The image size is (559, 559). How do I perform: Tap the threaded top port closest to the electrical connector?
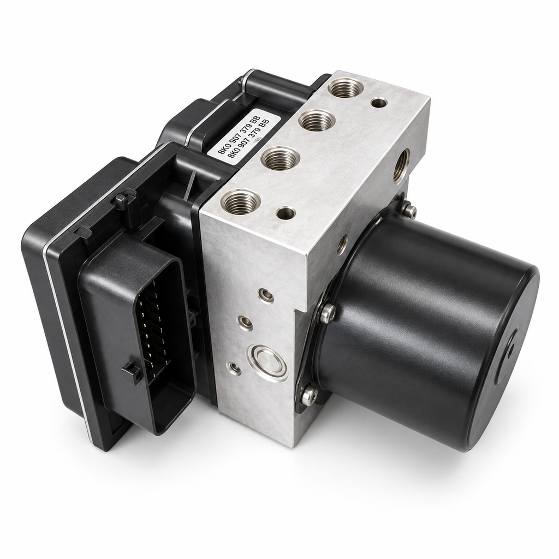pos(240,202)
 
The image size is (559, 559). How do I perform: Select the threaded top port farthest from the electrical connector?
pos(345,88)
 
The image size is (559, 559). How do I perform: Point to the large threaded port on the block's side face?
pos(401,166)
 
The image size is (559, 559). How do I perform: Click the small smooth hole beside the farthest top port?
pos(379,103)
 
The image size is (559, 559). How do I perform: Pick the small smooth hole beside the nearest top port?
pos(286,213)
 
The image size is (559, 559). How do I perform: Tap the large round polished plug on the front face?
pos(269,362)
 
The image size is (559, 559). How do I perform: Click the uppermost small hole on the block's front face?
pos(266,295)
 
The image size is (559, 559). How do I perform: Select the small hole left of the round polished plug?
pos(234,368)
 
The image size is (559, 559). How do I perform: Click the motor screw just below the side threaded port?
pos(410,211)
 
